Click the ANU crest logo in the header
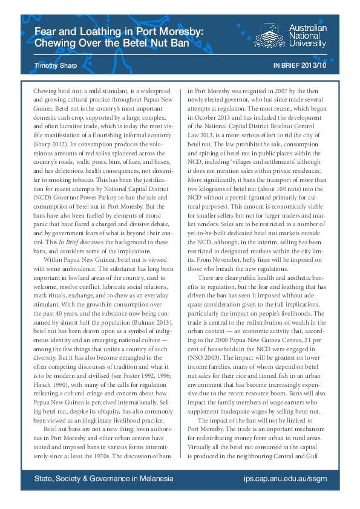coord(269,36)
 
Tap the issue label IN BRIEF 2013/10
coord(300,64)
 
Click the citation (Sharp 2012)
coord(50,146)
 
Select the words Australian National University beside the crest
coord(307,36)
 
